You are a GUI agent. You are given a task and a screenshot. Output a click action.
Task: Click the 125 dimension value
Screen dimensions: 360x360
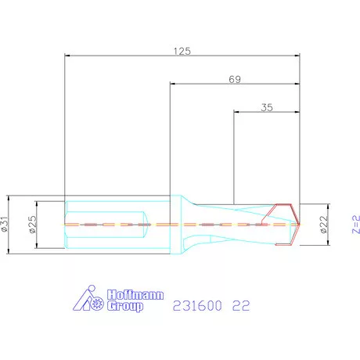pyautogui.click(x=182, y=50)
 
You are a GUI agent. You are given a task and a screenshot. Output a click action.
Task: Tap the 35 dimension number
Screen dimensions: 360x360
pyautogui.click(x=265, y=108)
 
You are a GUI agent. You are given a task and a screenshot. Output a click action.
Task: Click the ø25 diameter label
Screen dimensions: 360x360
pyautogui.click(x=34, y=225)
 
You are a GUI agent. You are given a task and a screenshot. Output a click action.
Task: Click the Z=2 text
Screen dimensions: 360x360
pyautogui.click(x=354, y=225)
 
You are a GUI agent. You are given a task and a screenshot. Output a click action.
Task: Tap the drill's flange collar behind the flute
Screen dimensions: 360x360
pyautogui.click(x=178, y=225)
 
